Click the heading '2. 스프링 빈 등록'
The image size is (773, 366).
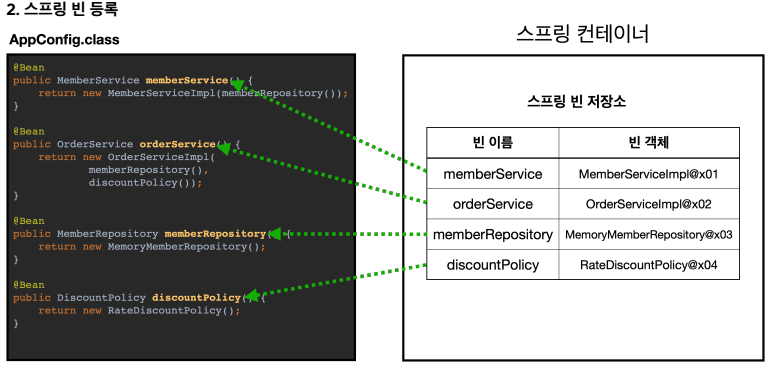tap(62, 9)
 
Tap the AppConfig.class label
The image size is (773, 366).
tap(64, 39)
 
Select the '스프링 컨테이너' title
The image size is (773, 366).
tap(582, 35)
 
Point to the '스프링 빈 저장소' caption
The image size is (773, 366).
tap(576, 102)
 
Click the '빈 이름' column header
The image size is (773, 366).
tap(492, 143)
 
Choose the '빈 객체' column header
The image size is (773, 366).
tap(649, 143)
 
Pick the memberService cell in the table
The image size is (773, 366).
tap(492, 174)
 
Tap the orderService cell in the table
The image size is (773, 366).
tap(492, 204)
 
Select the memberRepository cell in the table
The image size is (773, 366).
tap(492, 234)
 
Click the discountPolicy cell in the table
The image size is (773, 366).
tap(492, 265)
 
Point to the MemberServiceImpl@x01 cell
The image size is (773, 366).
tap(649, 174)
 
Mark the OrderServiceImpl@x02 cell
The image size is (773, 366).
tap(649, 204)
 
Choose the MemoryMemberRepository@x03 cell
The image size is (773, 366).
tap(649, 235)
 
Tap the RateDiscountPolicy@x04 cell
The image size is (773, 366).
tap(649, 265)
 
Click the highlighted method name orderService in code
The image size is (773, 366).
tap(177, 145)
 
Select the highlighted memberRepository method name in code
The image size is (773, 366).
tap(215, 234)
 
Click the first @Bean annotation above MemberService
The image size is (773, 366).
tap(29, 68)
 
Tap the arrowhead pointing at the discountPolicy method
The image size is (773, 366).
tap(250, 294)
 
